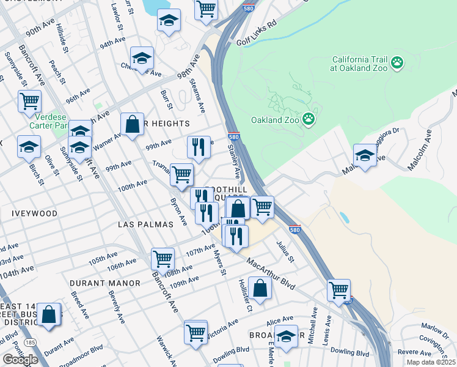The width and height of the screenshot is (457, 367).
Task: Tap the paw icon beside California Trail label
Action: [x=398, y=63]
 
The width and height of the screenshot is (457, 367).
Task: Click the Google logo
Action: [x=20, y=360]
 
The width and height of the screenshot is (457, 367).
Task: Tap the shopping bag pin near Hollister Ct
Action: [x=260, y=288]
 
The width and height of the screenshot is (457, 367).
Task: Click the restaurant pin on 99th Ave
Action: [x=199, y=147]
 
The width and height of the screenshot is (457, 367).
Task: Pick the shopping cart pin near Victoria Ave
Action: [x=196, y=333]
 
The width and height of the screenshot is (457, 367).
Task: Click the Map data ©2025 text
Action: [x=431, y=362]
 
